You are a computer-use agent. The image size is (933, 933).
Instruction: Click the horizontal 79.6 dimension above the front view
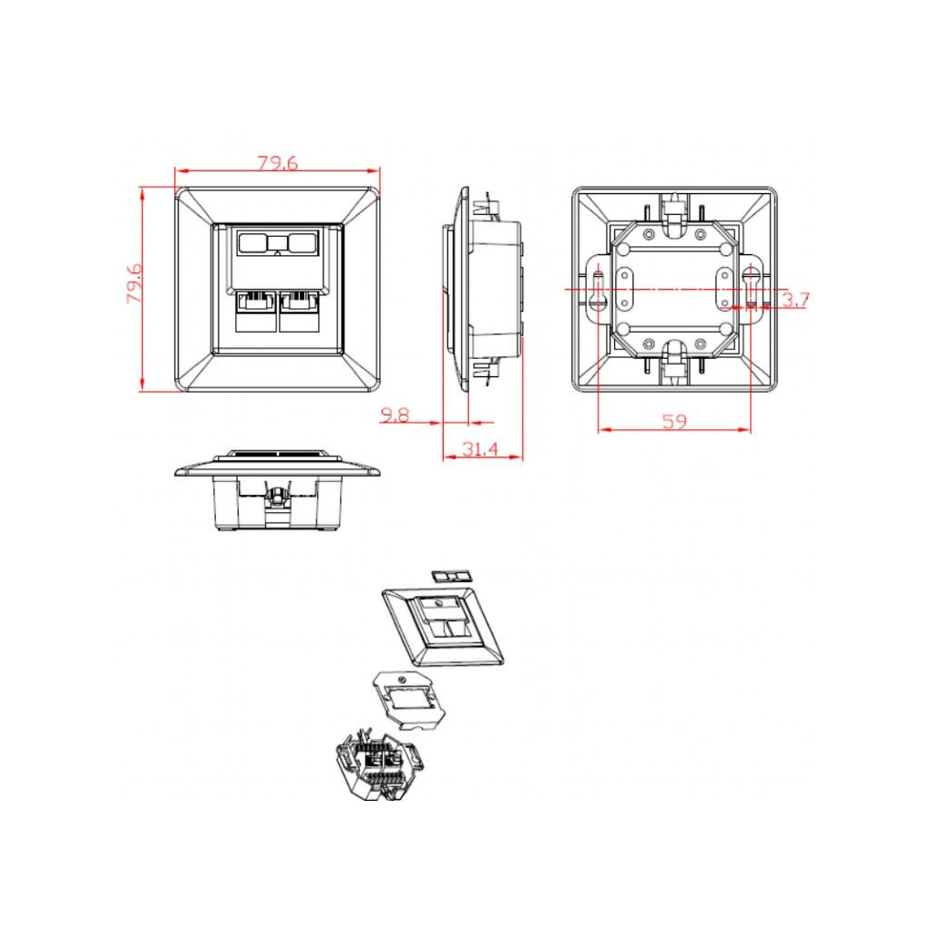tap(278, 163)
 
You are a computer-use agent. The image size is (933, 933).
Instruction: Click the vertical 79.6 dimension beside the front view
tap(134, 283)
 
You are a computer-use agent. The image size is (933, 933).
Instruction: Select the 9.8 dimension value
tap(395, 415)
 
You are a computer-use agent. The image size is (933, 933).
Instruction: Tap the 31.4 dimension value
tap(480, 448)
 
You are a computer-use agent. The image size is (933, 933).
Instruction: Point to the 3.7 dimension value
tap(795, 300)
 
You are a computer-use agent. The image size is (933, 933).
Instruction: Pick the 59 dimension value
tap(674, 421)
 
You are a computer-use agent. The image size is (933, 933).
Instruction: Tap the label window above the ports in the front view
tap(278, 242)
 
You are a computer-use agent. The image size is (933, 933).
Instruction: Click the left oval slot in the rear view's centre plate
tap(625, 289)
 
